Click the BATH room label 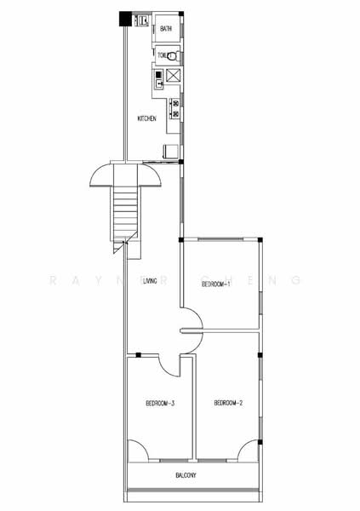point(165,29)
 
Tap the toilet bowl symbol point(173,56)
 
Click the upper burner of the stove point(176,104)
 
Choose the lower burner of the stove point(176,114)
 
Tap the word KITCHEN point(146,118)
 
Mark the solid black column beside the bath point(125,18)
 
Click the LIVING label point(150,282)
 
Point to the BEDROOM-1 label point(216,285)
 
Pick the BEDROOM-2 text point(229,402)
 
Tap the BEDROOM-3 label point(159,403)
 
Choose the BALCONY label point(187,476)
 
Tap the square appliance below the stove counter point(170,152)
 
